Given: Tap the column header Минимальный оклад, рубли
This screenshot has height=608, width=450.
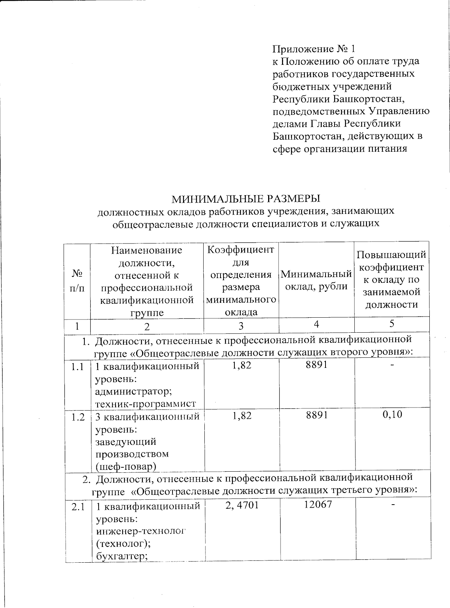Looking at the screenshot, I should [x=316, y=280].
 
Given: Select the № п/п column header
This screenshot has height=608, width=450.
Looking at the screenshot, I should [x=77, y=280].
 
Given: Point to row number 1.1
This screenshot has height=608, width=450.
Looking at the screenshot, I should [x=78, y=367].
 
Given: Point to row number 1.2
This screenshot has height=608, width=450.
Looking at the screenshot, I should [x=78, y=417].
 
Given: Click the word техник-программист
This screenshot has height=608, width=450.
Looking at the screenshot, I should [x=146, y=404].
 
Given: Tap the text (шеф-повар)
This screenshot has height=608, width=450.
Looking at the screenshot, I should [x=126, y=467].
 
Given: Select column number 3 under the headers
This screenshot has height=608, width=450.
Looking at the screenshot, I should [x=241, y=326].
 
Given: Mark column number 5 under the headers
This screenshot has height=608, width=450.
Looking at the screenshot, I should [x=391, y=324].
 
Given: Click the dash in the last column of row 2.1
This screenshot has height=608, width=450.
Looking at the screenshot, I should [x=393, y=505].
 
